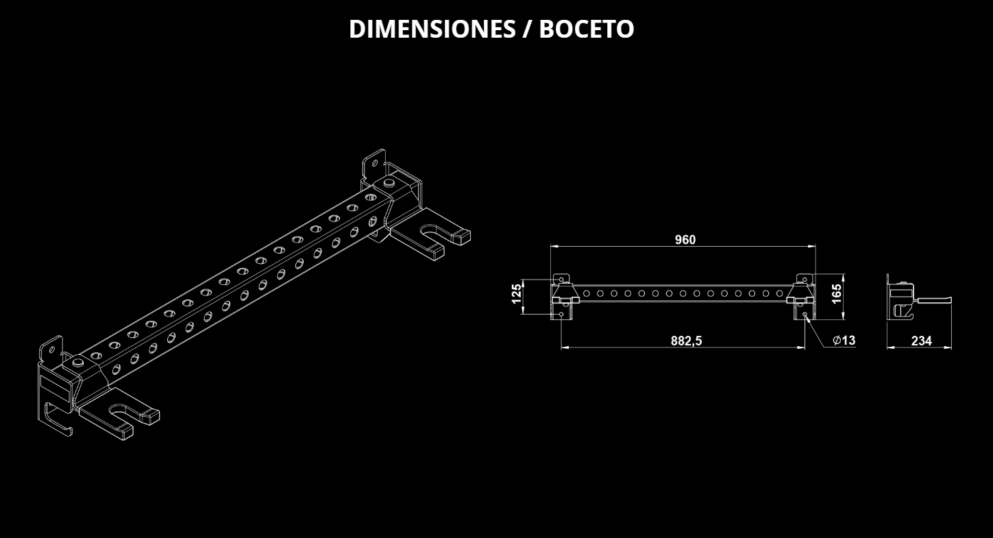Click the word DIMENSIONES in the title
click(432, 29)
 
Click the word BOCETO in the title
click(587, 29)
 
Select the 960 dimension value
click(685, 239)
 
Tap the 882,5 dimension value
click(686, 341)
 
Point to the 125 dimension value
click(517, 293)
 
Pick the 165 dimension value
click(836, 293)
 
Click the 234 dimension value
click(921, 341)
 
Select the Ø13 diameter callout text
click(844, 340)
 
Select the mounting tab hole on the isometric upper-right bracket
click(373, 163)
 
